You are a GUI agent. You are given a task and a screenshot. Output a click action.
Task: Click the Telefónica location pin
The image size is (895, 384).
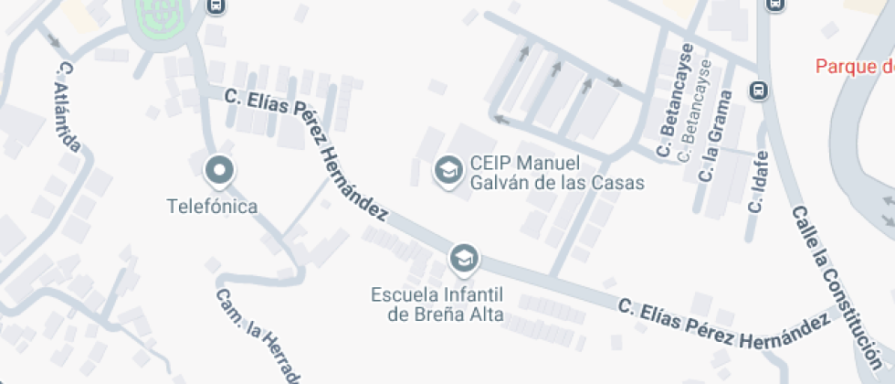click(220, 170)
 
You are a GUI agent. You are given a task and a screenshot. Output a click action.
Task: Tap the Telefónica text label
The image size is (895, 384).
click(212, 207)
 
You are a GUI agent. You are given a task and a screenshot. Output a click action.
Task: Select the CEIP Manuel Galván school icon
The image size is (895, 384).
click(447, 170)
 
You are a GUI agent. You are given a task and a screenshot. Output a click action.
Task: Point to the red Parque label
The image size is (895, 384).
click(855, 66)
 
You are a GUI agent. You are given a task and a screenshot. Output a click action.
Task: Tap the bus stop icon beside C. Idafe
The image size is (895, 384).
click(758, 91)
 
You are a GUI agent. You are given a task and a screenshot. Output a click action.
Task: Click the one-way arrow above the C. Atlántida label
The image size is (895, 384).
click(54, 39)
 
